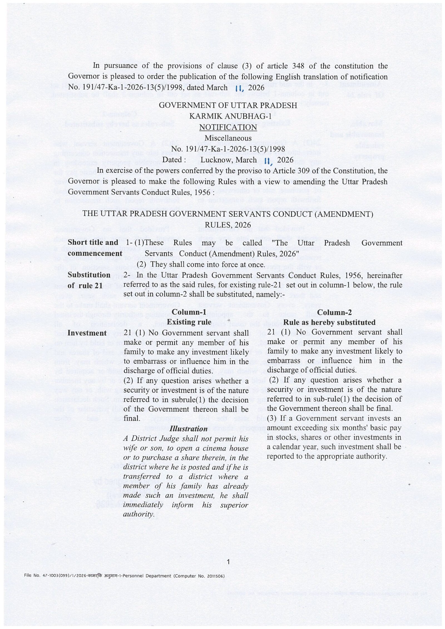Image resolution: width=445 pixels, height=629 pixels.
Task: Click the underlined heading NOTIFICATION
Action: [x=228, y=127]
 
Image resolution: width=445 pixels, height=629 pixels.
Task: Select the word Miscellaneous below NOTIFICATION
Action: [x=228, y=138]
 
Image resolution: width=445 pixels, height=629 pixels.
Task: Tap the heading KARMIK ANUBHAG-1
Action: [x=228, y=116]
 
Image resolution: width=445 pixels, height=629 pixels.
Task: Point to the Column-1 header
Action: [x=189, y=312]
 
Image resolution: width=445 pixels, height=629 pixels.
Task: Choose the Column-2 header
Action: [x=334, y=312]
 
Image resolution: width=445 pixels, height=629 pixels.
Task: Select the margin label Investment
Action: [x=87, y=333]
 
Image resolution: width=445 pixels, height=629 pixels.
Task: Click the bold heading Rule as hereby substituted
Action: [x=330, y=322]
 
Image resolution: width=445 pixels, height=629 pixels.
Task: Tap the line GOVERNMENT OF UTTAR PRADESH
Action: [x=228, y=106]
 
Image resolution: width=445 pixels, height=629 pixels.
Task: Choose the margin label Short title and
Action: [x=93, y=243]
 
